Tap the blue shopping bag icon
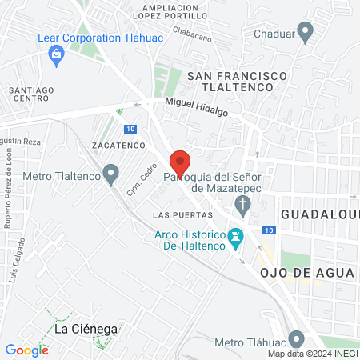pos(56,54)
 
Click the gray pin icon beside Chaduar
pos(305,33)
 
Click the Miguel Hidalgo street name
pos(196,107)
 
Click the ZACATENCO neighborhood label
pos(118,146)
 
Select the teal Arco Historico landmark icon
pos(235,237)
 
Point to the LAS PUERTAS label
pos(182,215)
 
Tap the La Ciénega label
pos(86,329)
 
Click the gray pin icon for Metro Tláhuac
pos(297,340)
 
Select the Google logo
pos(26,350)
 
